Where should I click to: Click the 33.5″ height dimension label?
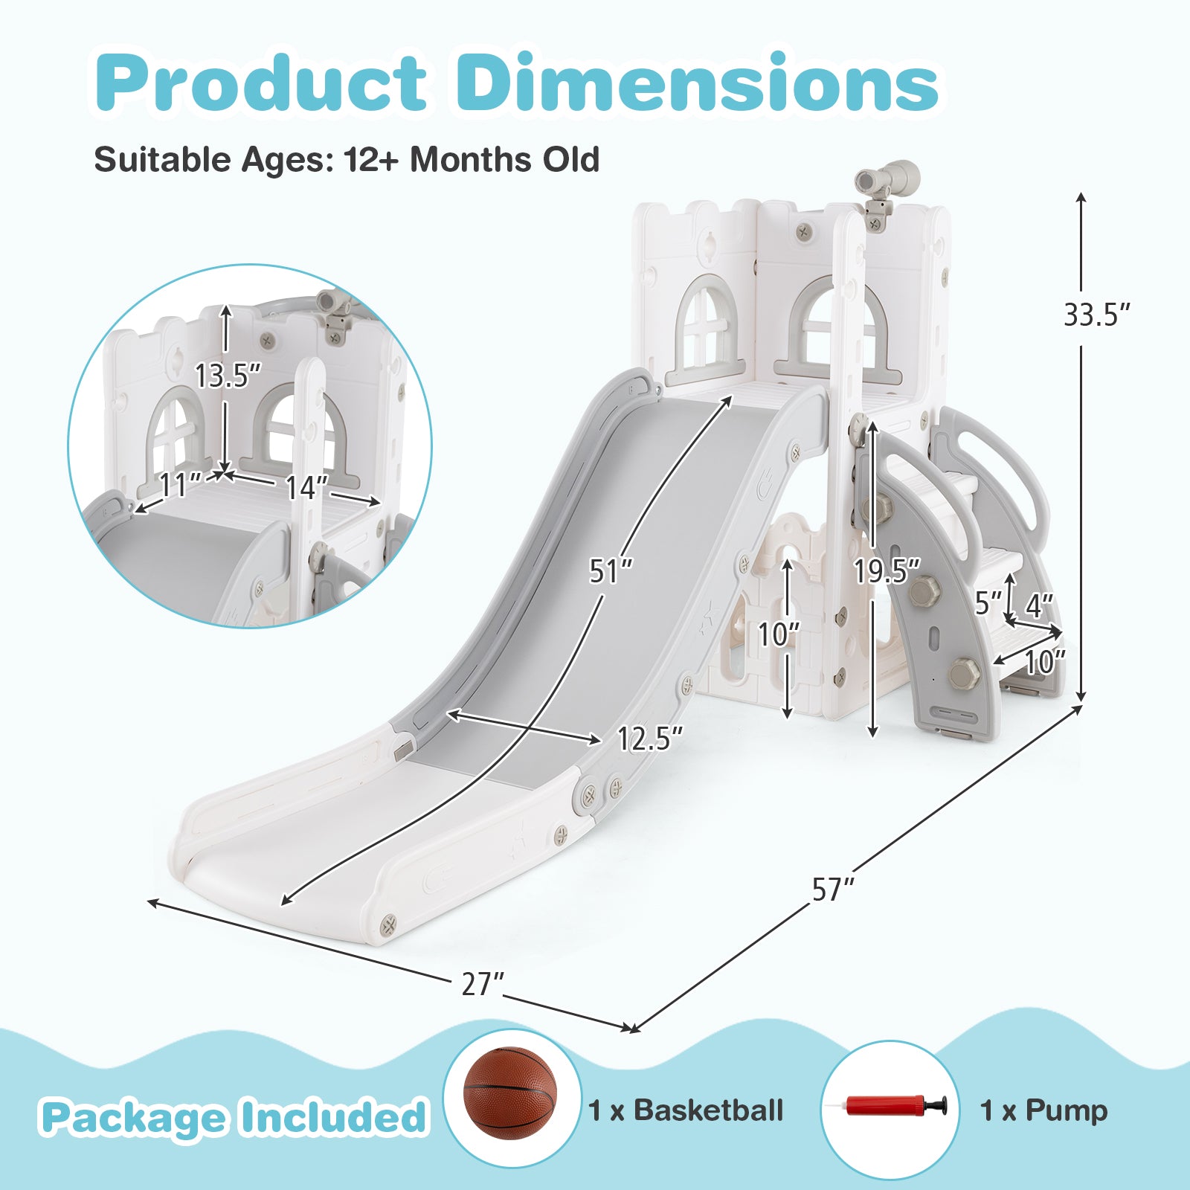click(1096, 315)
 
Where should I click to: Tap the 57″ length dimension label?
click(833, 890)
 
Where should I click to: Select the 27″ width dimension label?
click(483, 985)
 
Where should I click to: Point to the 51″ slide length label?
click(611, 571)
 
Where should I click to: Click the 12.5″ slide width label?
click(649, 739)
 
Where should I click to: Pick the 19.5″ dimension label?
click(887, 571)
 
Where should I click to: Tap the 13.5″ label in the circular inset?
click(228, 376)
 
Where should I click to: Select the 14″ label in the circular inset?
click(306, 488)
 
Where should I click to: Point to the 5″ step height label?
click(988, 603)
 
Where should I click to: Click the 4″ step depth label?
click(1039, 605)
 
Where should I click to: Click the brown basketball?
click(510, 1093)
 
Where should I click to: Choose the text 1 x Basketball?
click(686, 1110)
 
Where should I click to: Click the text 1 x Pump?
click(1043, 1110)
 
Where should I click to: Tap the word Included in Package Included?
click(332, 1117)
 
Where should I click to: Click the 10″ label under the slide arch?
click(778, 634)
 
